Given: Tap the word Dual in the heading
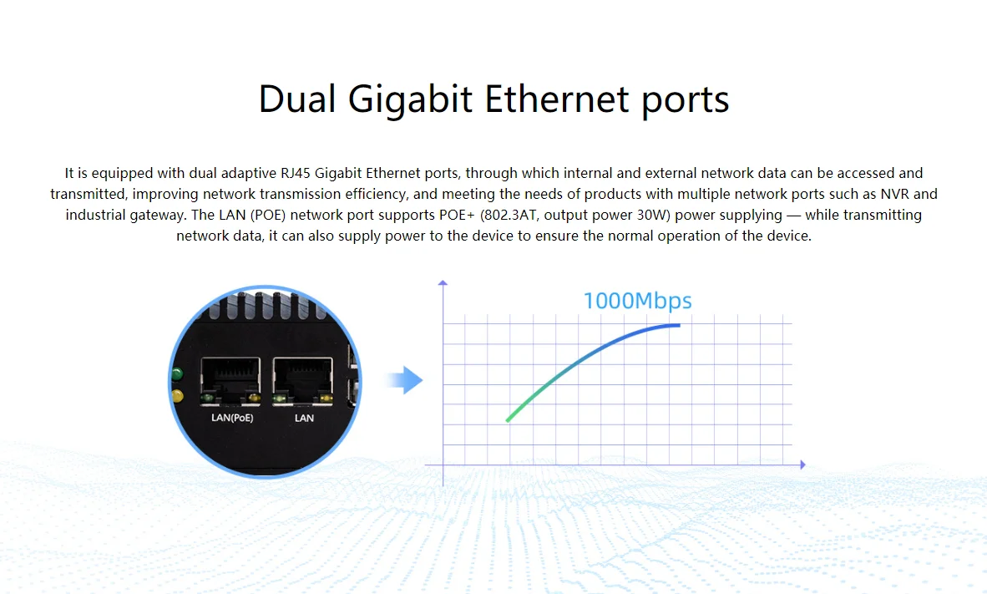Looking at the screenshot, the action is pos(296,99).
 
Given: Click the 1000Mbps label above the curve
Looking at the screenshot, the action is pos(637,301).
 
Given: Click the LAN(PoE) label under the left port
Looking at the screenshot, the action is pos(232,418).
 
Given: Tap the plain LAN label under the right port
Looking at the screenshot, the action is pos(304,418).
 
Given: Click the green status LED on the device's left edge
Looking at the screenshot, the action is pos(176,373).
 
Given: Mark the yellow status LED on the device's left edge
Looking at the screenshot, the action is pos(176,395).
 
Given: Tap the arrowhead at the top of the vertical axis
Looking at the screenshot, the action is pos(443,283).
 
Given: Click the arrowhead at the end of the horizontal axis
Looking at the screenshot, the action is pos(802,465).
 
